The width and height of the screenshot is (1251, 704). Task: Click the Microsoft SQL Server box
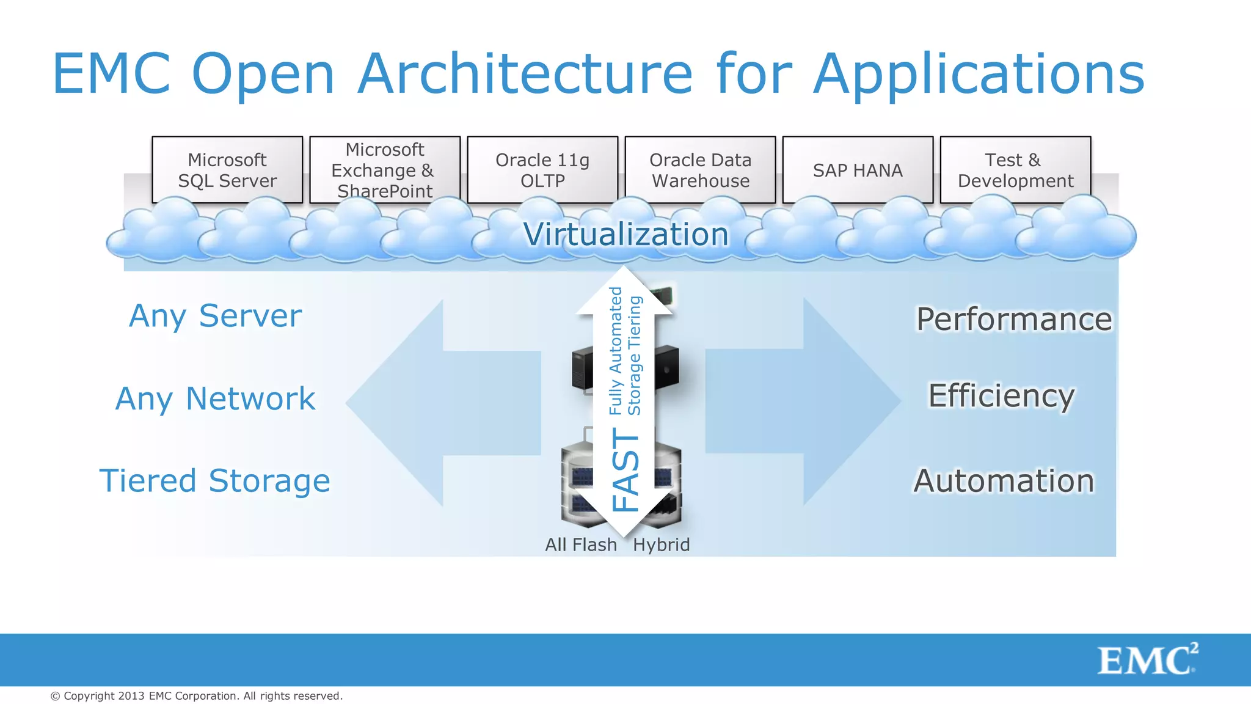pyautogui.click(x=227, y=170)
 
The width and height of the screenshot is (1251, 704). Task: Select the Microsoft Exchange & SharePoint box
pyautogui.click(x=384, y=170)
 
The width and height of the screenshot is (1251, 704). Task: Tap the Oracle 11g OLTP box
pyautogui.click(x=542, y=170)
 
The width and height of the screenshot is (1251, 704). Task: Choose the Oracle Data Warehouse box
pyautogui.click(x=700, y=170)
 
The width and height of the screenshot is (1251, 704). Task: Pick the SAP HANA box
pyautogui.click(x=858, y=170)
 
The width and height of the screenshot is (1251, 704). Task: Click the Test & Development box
pyautogui.click(x=1015, y=170)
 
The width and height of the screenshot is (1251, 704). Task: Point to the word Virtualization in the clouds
pyautogui.click(x=625, y=234)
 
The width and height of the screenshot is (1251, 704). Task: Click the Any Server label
pyautogui.click(x=215, y=316)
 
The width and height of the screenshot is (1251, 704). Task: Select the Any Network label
pyautogui.click(x=215, y=398)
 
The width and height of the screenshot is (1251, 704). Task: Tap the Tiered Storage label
pyautogui.click(x=214, y=480)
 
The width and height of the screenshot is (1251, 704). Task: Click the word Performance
pyautogui.click(x=1014, y=319)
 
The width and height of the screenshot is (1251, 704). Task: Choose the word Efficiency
pyautogui.click(x=1001, y=395)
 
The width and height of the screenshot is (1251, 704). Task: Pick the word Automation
pyautogui.click(x=1004, y=480)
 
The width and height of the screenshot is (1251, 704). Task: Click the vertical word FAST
pyautogui.click(x=625, y=469)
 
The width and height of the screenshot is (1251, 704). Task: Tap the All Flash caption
pyautogui.click(x=581, y=544)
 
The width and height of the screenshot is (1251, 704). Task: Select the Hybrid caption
pyautogui.click(x=661, y=544)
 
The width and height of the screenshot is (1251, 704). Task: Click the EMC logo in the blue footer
pyautogui.click(x=1147, y=659)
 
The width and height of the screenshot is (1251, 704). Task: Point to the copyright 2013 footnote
pyautogui.click(x=196, y=695)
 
